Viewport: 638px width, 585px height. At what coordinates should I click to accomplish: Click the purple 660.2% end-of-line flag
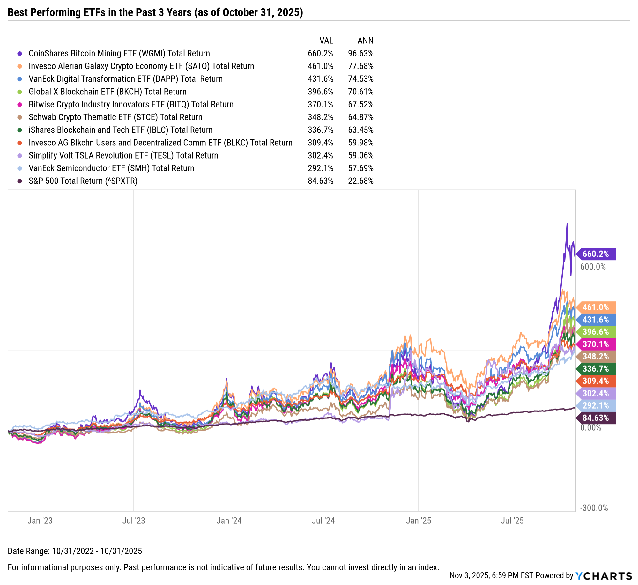(x=596, y=254)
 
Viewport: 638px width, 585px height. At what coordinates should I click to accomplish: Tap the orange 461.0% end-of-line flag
(x=596, y=307)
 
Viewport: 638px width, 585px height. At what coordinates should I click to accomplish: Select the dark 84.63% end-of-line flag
(x=596, y=418)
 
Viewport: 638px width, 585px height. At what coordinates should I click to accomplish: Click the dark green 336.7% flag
(x=596, y=369)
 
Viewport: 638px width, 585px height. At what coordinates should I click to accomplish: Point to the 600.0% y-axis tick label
(x=593, y=267)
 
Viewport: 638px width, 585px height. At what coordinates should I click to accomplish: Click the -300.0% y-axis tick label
(x=594, y=508)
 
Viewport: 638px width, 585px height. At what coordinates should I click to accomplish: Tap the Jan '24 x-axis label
(x=229, y=521)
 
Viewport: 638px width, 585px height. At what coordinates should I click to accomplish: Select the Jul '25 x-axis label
(x=512, y=521)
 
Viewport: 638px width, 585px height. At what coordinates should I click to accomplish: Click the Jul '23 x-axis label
(x=134, y=521)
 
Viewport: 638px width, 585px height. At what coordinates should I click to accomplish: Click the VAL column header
(x=326, y=41)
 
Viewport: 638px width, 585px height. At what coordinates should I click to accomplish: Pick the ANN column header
(x=365, y=41)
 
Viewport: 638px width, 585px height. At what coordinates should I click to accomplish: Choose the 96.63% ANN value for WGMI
(x=361, y=53)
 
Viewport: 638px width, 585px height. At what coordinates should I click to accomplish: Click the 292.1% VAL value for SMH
(x=320, y=168)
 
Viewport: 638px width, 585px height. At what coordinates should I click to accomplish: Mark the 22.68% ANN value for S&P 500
(x=361, y=181)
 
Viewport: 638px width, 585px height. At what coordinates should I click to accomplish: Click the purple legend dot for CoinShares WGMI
(x=20, y=54)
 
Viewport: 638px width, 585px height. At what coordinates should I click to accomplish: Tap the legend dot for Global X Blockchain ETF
(x=20, y=92)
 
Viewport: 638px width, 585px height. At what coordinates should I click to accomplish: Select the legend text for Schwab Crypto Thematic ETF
(x=115, y=117)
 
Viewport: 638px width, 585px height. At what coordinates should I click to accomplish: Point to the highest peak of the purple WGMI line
(x=567, y=224)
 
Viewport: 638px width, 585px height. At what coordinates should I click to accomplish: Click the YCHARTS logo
(x=604, y=576)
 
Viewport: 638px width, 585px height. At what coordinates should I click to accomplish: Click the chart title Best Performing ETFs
(x=155, y=12)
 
